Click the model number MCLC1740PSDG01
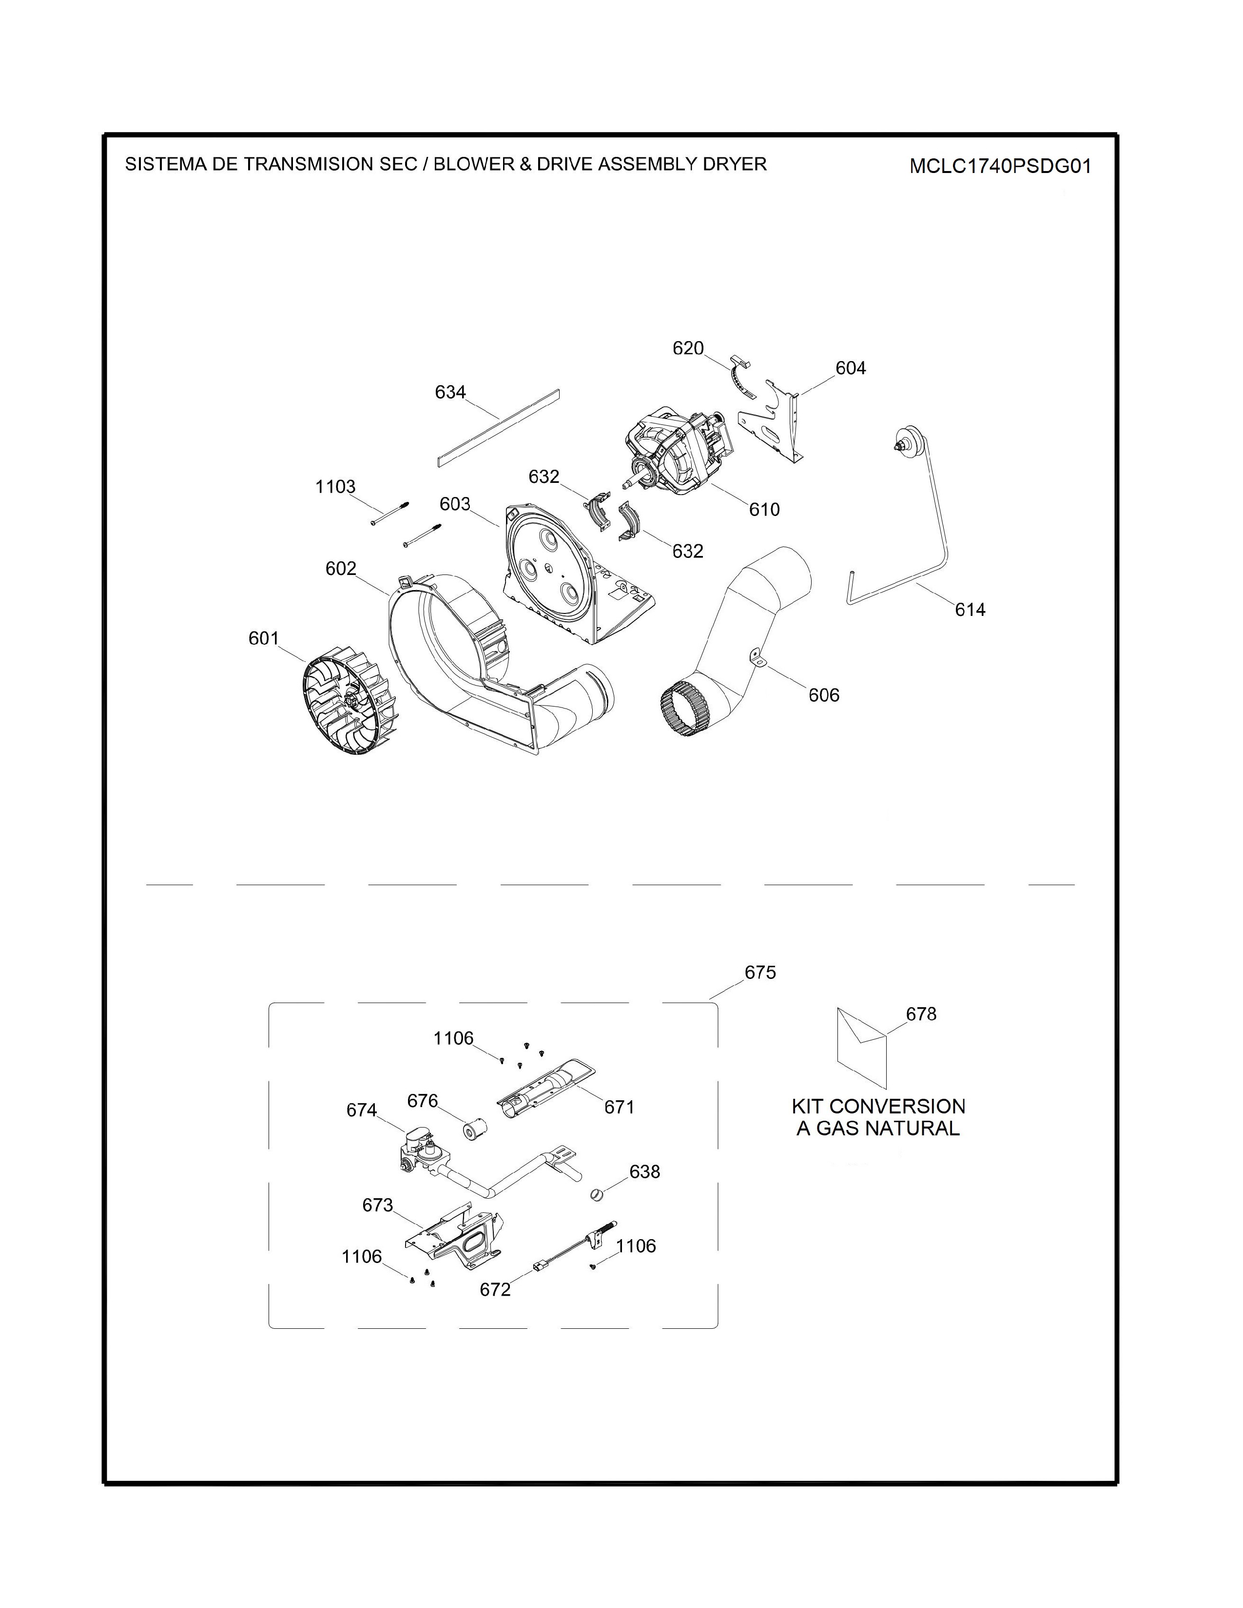tap(1000, 166)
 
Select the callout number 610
tap(764, 510)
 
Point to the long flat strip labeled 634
tap(498, 428)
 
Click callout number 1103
tap(335, 487)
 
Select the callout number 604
tap(851, 368)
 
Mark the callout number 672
tap(495, 1289)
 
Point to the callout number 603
tap(455, 504)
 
